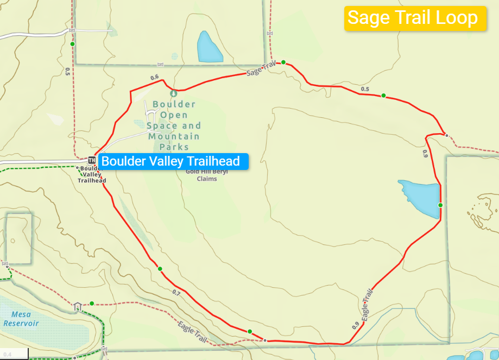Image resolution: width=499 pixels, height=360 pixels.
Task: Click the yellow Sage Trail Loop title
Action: [x=413, y=18]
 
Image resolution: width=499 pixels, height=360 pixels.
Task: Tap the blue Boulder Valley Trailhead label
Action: [x=170, y=161]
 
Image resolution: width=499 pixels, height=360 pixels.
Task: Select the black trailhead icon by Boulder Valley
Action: [x=92, y=160]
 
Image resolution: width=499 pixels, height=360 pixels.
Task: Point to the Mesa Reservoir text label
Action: [x=21, y=319]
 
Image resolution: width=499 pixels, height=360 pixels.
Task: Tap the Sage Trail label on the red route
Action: [x=261, y=69]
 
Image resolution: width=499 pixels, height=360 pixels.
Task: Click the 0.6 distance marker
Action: [x=154, y=77]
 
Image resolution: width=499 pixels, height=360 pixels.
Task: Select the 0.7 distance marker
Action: [x=176, y=293]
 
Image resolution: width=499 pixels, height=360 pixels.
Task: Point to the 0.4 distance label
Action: [x=7, y=355]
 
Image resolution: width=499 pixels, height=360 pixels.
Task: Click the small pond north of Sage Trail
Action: [x=209, y=47]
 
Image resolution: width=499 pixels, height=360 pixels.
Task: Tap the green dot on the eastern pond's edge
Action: [x=440, y=205]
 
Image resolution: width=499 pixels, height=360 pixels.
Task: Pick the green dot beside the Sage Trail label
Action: [x=283, y=62]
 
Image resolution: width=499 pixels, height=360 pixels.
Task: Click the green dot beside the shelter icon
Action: [x=92, y=304]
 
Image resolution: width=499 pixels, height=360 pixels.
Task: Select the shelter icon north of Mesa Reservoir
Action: [x=78, y=306]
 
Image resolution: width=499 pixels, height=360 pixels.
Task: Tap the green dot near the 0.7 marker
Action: [x=160, y=269]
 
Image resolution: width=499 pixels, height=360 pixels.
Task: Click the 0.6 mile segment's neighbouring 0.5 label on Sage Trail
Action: [x=365, y=89]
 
